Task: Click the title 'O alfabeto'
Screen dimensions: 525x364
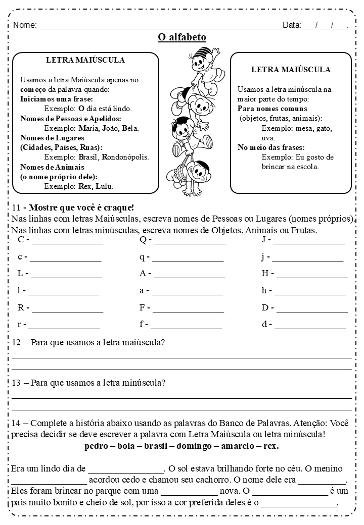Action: pyautogui.click(x=182, y=37)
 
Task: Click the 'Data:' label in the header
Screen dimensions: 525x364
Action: pyautogui.click(x=292, y=25)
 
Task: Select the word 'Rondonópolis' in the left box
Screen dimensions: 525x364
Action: pyautogui.click(x=126, y=157)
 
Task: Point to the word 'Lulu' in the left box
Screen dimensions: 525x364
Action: pyautogui.click(x=104, y=186)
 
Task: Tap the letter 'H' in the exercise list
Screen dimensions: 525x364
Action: pyautogui.click(x=264, y=274)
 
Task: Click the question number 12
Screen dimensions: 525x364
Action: pyautogui.click(x=15, y=343)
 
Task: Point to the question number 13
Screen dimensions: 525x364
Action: pyautogui.click(x=15, y=383)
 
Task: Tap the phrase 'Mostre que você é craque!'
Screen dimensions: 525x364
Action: pyautogui.click(x=81, y=207)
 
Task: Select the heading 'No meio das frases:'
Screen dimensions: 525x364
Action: pyautogui.click(x=271, y=147)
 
